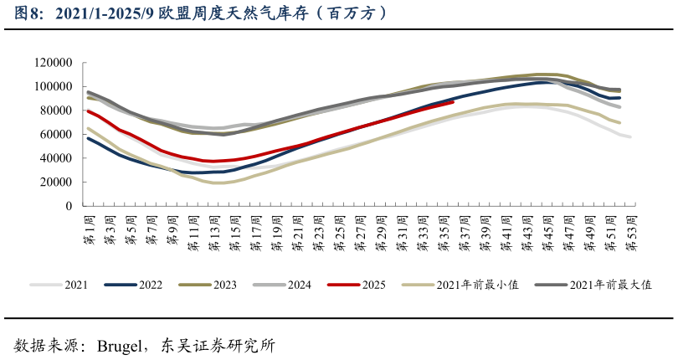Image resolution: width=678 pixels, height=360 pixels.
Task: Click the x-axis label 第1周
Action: click(89, 229)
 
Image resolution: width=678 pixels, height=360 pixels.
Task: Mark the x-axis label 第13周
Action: click(214, 229)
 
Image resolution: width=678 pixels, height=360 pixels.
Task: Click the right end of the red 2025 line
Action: click(453, 102)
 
